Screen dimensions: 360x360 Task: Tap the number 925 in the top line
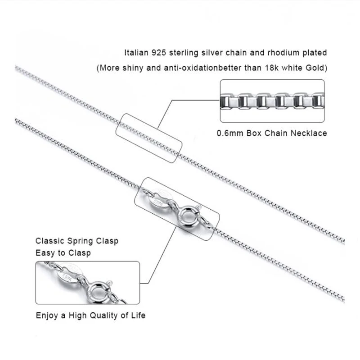(160, 53)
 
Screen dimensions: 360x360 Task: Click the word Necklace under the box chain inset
(310, 133)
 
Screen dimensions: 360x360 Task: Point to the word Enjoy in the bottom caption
(46, 315)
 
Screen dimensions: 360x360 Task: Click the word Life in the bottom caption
(138, 315)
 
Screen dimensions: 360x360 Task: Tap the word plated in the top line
(315, 53)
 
